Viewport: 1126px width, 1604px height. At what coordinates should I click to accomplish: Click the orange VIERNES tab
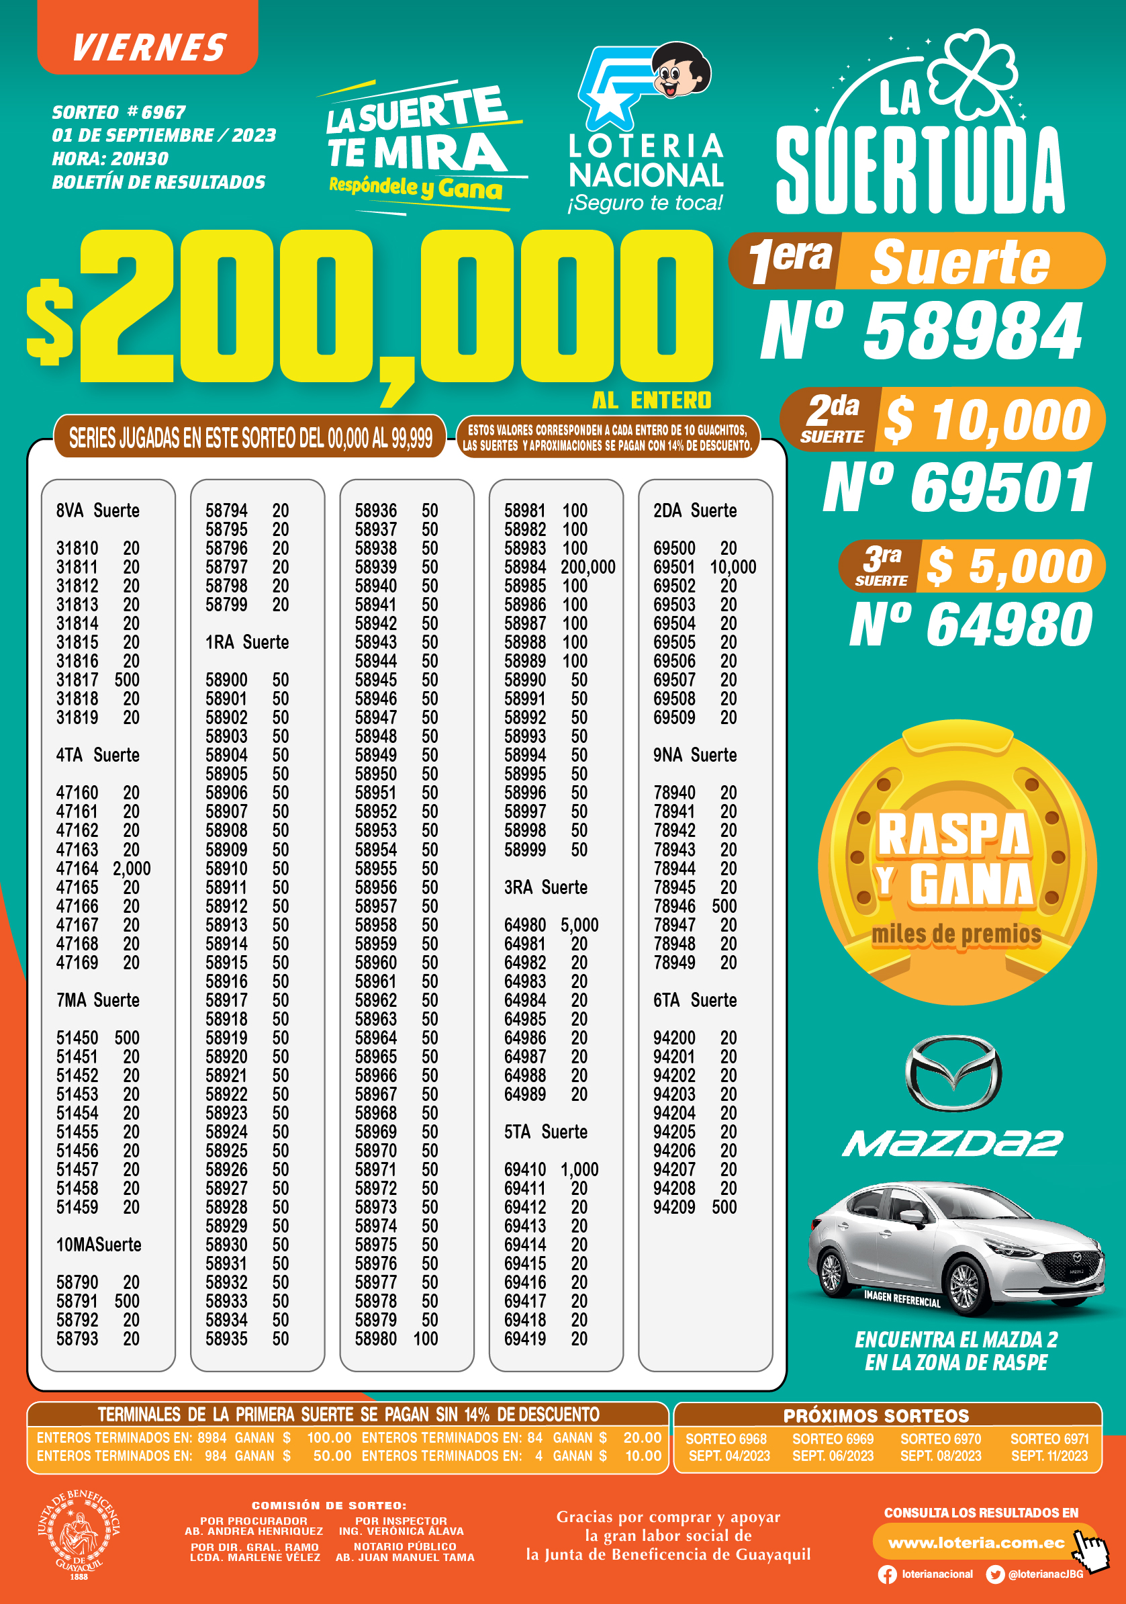point(148,46)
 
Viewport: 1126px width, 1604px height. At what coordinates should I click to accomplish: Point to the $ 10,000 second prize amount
point(986,419)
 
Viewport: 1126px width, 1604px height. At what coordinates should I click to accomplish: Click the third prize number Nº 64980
point(971,624)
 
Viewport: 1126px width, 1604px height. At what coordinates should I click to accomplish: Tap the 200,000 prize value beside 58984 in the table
point(588,568)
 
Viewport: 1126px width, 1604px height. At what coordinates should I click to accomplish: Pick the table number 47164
point(77,868)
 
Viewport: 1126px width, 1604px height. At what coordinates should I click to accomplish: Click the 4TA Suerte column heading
point(98,755)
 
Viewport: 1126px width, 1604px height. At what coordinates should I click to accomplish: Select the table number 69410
point(525,1169)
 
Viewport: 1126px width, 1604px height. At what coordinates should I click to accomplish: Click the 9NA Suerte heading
point(695,755)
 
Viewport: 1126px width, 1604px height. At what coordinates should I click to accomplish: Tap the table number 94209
point(674,1207)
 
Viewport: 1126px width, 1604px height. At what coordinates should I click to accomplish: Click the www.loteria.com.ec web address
point(976,1542)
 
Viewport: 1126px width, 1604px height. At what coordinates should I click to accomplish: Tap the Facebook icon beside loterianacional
point(887,1574)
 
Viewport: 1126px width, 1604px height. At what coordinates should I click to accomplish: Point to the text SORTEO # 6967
point(119,112)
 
